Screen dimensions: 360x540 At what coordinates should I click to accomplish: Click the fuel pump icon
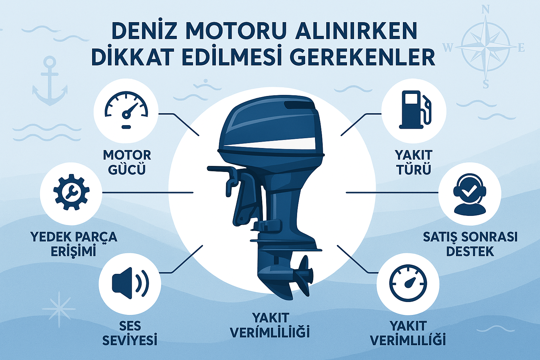[415, 110]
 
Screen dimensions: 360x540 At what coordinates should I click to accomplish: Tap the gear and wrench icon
[71, 192]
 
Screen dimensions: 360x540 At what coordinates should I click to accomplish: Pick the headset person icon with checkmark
[470, 194]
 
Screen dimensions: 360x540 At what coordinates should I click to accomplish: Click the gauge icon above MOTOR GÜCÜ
[126, 110]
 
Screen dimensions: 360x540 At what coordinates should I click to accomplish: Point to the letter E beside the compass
[521, 48]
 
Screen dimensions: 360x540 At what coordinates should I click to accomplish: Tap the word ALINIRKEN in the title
[356, 31]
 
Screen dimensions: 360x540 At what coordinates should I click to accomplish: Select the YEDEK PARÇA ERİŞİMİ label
[74, 244]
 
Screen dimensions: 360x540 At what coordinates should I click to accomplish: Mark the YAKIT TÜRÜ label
[413, 162]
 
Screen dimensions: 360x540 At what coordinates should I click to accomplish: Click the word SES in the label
[130, 326]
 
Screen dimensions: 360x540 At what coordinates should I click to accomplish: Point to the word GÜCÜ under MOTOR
[127, 169]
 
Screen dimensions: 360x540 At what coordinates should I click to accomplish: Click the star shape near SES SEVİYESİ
[59, 309]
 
